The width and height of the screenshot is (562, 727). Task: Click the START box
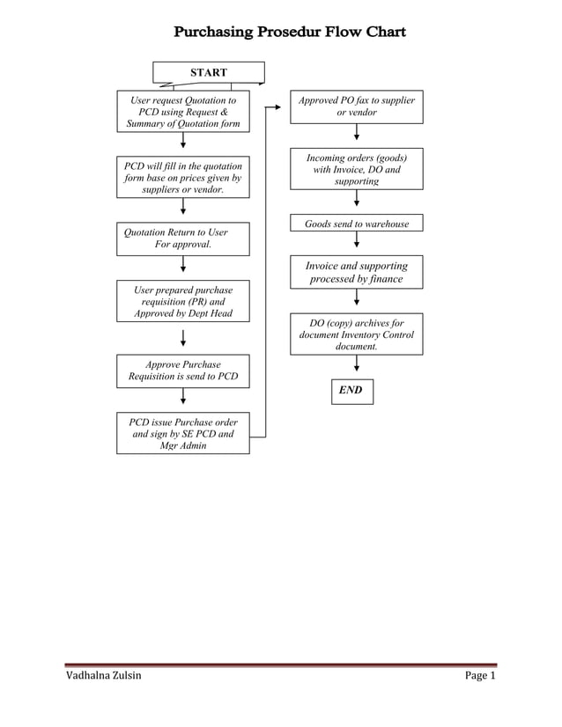[209, 72]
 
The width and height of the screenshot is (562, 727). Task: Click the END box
[351, 390]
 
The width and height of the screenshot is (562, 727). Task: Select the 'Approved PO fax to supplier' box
[356, 106]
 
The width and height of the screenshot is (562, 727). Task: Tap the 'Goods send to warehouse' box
[356, 224]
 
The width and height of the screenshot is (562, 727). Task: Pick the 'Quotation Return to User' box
[182, 239]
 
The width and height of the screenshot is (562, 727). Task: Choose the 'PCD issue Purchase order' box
[182, 433]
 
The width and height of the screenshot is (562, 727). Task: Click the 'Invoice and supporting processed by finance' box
[356, 272]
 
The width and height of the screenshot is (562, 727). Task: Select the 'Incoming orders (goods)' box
[356, 169]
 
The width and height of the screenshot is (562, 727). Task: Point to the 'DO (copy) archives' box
[356, 334]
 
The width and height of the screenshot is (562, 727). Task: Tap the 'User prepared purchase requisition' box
[182, 301]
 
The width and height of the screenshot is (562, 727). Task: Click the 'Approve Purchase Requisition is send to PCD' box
[182, 371]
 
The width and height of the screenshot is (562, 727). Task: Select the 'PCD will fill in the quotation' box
[182, 177]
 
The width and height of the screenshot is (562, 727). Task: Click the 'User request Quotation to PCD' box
[182, 112]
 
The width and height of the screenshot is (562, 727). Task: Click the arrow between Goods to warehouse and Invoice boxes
[356, 244]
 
